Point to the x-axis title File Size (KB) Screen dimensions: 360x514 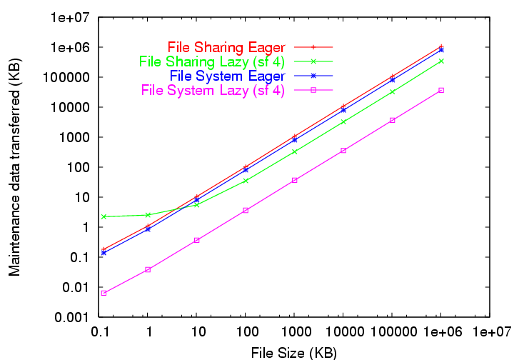[x=293, y=351]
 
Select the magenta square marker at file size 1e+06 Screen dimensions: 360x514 [x=441, y=90]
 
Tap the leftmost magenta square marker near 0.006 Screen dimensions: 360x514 [x=104, y=293]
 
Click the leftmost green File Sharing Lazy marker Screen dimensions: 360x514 [x=104, y=216]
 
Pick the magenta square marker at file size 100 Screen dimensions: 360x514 [x=245, y=210]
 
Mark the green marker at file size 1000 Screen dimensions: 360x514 [x=294, y=151]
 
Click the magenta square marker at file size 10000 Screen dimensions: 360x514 [x=343, y=150]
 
